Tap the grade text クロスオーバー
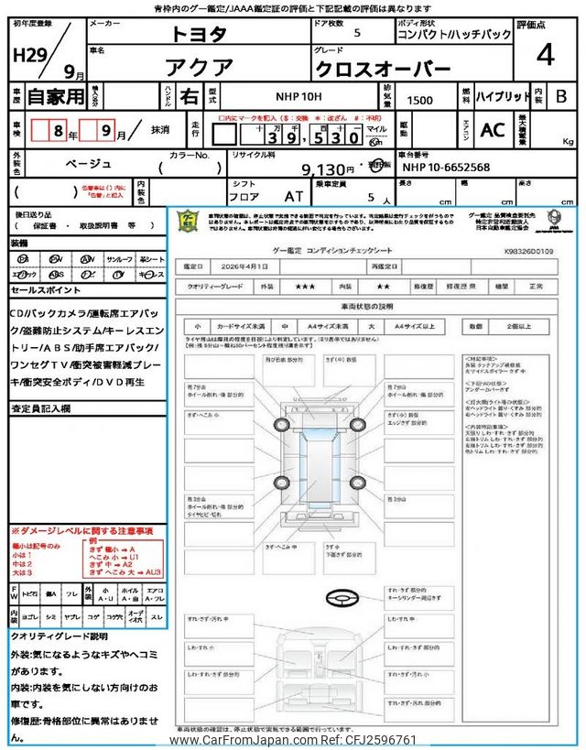(383, 70)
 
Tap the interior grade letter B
(561, 96)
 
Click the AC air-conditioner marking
(492, 131)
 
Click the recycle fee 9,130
(327, 169)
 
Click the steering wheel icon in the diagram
(341, 596)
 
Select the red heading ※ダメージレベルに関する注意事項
(81, 531)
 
